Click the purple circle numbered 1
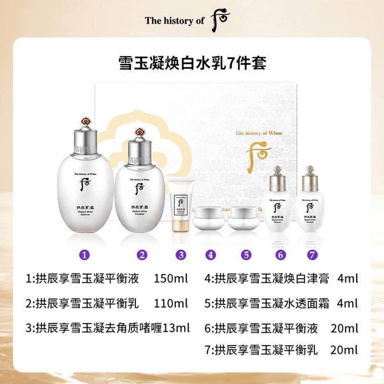click(86, 255)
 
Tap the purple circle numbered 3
click(181, 255)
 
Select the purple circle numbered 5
click(246, 255)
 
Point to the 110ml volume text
click(170, 303)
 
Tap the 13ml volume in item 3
click(176, 328)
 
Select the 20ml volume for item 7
click(344, 350)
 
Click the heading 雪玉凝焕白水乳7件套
click(192, 65)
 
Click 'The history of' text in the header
click(174, 20)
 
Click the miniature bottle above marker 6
click(277, 203)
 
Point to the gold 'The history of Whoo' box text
click(259, 133)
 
